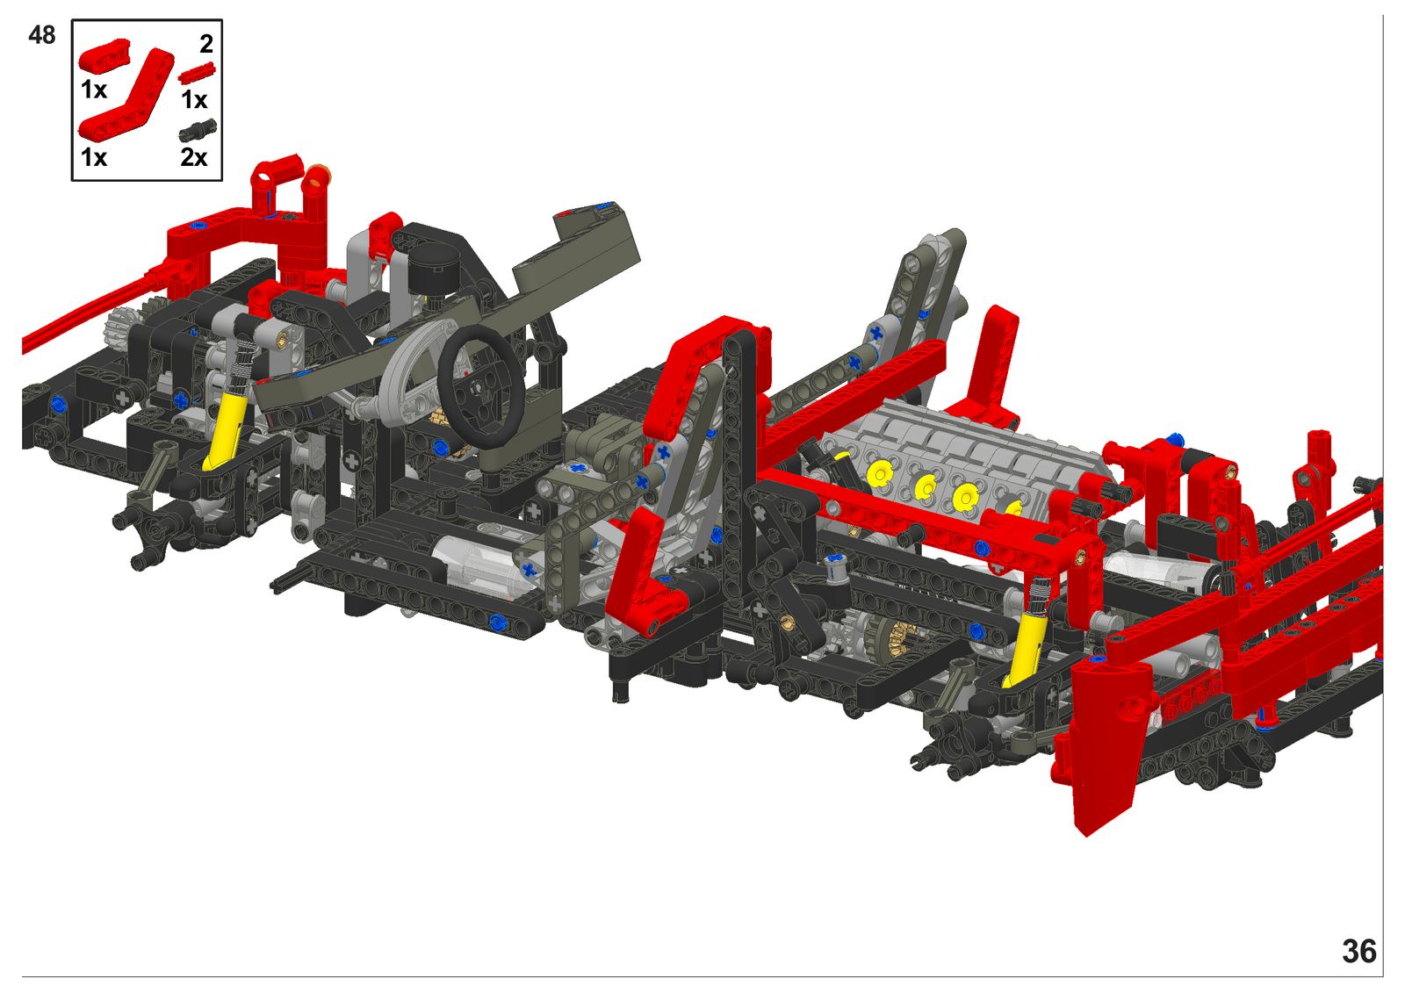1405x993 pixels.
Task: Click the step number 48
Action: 41,35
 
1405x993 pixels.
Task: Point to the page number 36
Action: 1359,952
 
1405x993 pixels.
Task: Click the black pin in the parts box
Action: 198,130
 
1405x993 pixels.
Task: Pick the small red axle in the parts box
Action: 197,73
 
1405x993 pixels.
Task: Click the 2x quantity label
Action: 194,157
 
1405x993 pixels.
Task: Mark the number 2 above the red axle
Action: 206,44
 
